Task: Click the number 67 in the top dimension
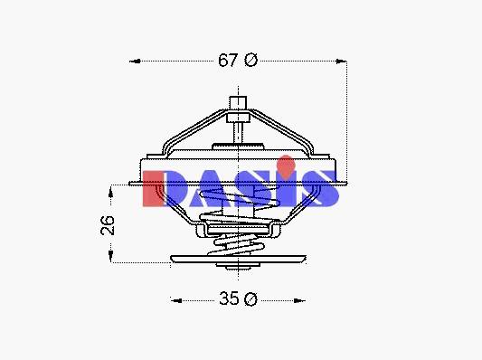tap(228, 60)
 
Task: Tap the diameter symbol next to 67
tap(250, 60)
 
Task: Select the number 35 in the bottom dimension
tap(229, 298)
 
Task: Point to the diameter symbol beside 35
tap(250, 298)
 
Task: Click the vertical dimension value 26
tap(108, 225)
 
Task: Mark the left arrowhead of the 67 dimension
tap(136, 62)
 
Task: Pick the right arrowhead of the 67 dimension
tap(341, 62)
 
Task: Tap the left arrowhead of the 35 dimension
tap(176, 300)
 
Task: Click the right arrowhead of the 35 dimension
tap(299, 300)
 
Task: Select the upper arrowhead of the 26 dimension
tap(110, 191)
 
